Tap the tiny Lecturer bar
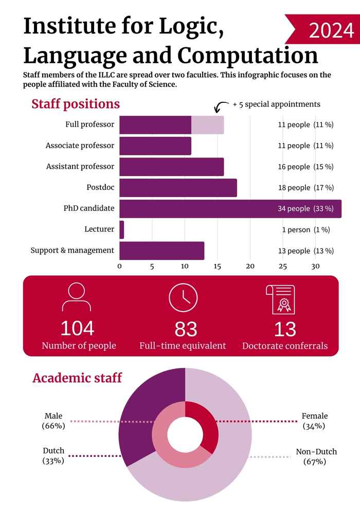[x=122, y=230]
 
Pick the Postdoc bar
[x=178, y=188]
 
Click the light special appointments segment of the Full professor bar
[x=208, y=125]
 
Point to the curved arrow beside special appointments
[x=221, y=107]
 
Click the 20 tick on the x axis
[x=250, y=266]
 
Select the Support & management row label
[x=72, y=251]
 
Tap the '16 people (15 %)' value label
[x=305, y=167]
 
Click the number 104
[x=77, y=328]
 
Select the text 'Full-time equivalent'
[x=183, y=346]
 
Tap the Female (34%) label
[x=314, y=421]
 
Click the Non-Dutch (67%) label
[x=316, y=456]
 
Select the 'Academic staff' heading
[x=77, y=378]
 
